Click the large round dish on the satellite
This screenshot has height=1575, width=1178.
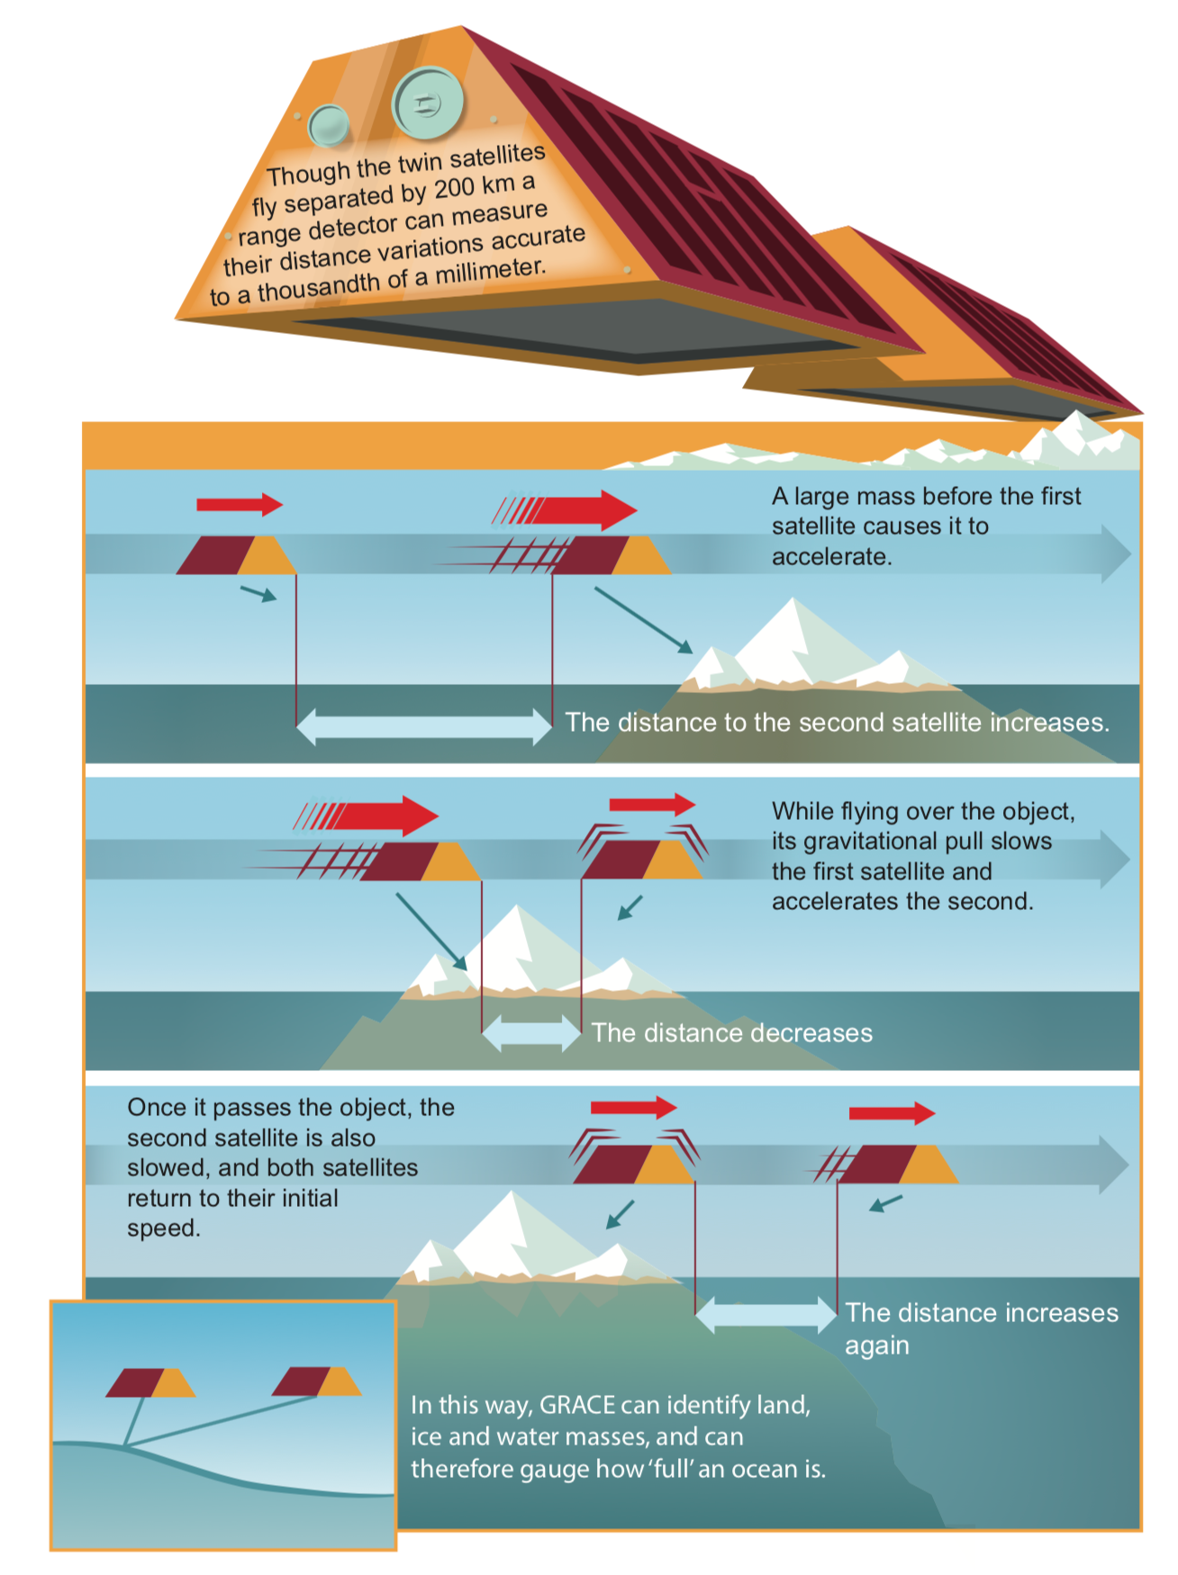point(427,103)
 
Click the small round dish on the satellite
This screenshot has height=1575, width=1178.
point(328,125)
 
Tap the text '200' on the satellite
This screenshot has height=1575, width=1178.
point(455,190)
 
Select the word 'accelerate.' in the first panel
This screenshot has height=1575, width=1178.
point(831,557)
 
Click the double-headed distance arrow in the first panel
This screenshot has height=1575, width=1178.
point(423,725)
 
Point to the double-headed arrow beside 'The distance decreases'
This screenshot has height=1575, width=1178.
point(531,1033)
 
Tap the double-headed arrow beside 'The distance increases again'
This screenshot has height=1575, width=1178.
point(766,1314)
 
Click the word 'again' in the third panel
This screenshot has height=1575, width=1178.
point(876,1345)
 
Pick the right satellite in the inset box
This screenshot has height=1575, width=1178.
point(316,1381)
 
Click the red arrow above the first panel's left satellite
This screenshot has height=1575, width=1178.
point(240,504)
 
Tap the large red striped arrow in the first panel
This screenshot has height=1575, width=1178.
point(576,510)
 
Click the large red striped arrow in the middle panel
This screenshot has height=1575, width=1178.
point(378,815)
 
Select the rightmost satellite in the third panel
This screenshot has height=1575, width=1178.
point(896,1164)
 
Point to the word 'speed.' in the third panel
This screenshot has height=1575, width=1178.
point(163,1228)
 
